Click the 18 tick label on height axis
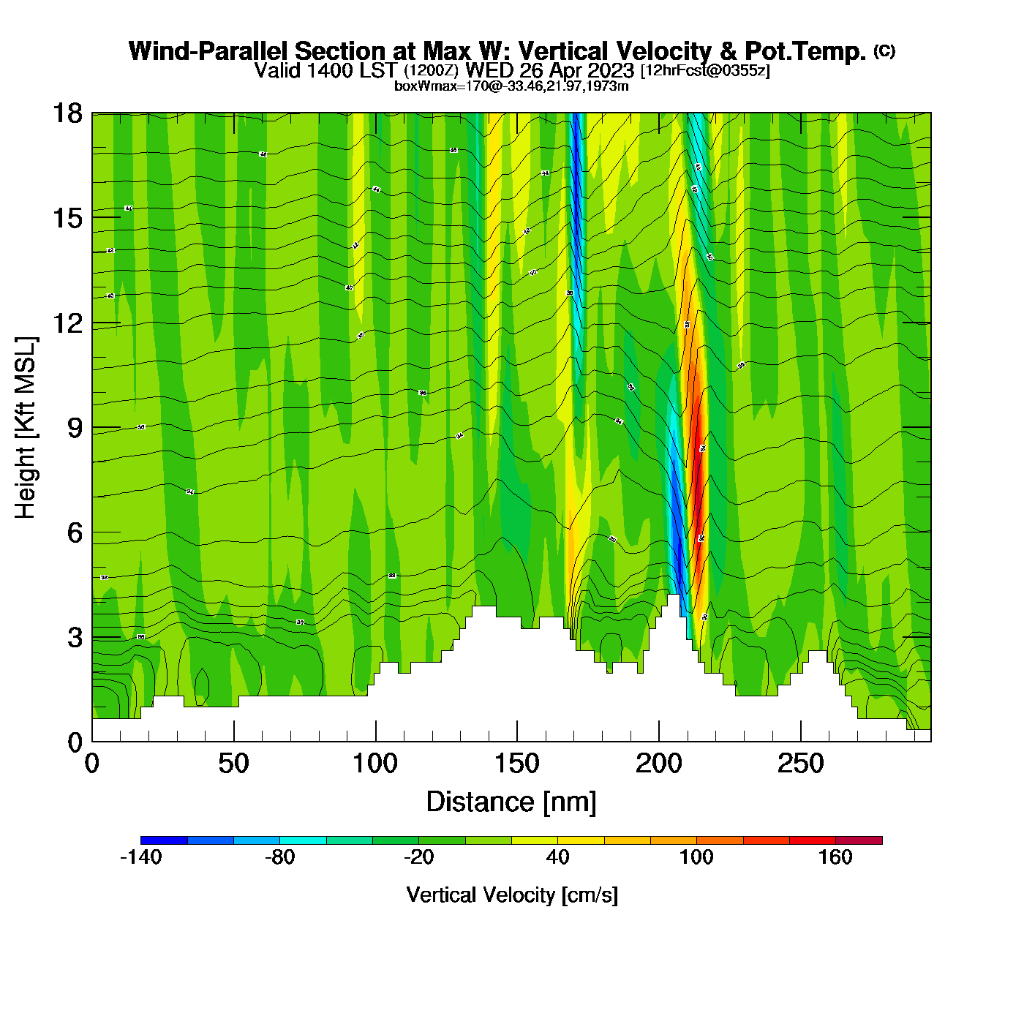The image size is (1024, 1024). (x=67, y=113)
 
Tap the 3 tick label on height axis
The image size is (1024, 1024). (x=75, y=638)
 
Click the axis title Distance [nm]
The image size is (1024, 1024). (x=511, y=802)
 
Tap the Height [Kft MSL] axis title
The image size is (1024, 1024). (x=26, y=428)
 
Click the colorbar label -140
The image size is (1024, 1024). (x=140, y=857)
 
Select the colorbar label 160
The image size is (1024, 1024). (x=835, y=857)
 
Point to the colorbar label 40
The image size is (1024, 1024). (x=557, y=857)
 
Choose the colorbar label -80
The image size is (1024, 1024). (x=279, y=857)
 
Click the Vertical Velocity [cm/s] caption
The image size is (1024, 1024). (x=512, y=895)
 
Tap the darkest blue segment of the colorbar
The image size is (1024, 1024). (x=164, y=840)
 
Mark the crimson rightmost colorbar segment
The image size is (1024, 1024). (x=859, y=840)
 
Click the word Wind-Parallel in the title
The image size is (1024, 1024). (x=210, y=51)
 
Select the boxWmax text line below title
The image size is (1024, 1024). (x=511, y=86)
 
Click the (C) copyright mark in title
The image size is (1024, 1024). (x=884, y=50)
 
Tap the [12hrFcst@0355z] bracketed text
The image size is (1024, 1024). (x=705, y=70)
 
